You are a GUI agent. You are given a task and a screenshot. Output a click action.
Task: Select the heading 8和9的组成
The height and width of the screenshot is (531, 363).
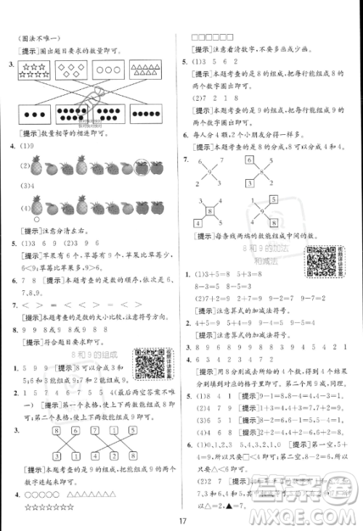pyautogui.click(x=94, y=353)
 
